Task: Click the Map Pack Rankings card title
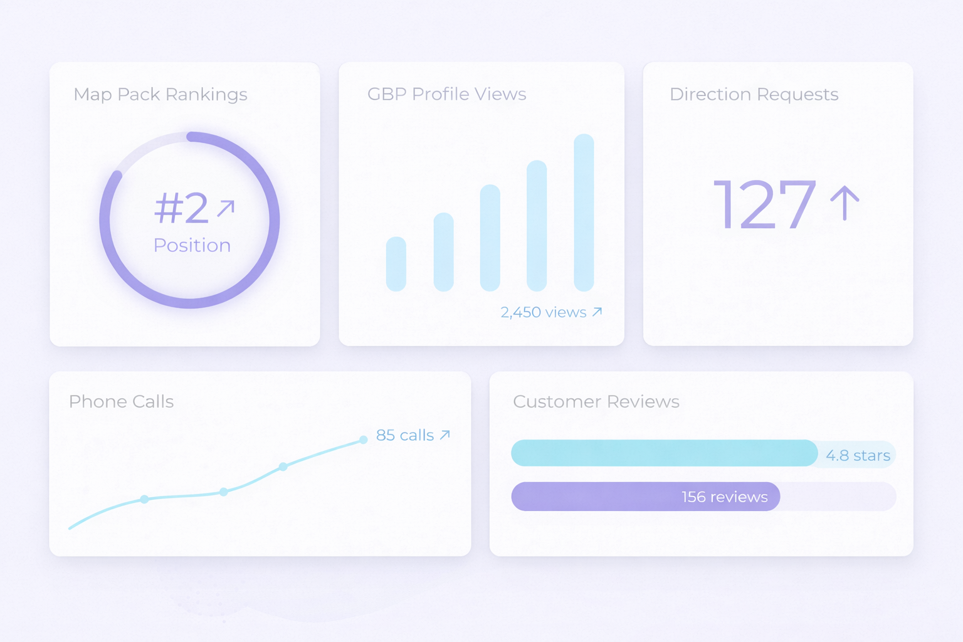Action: pos(160,95)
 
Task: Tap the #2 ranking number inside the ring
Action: pos(182,208)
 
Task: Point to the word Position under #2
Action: pos(192,245)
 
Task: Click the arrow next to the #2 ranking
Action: pos(226,208)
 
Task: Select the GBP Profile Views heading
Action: pos(446,94)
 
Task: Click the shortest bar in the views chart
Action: pos(396,264)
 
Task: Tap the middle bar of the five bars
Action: pos(490,238)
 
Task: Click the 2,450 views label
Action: pos(544,312)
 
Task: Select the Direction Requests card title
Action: pos(754,94)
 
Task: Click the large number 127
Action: pos(765,204)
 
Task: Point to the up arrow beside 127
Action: pos(845,203)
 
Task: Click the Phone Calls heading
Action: pos(121,402)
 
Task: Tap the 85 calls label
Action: pos(405,435)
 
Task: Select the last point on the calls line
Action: pos(363,439)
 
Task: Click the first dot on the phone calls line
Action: pos(144,499)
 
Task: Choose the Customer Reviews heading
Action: pos(596,402)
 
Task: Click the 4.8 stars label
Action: pos(858,456)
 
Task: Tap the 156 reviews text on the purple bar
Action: pos(724,497)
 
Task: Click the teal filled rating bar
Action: pos(664,453)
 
